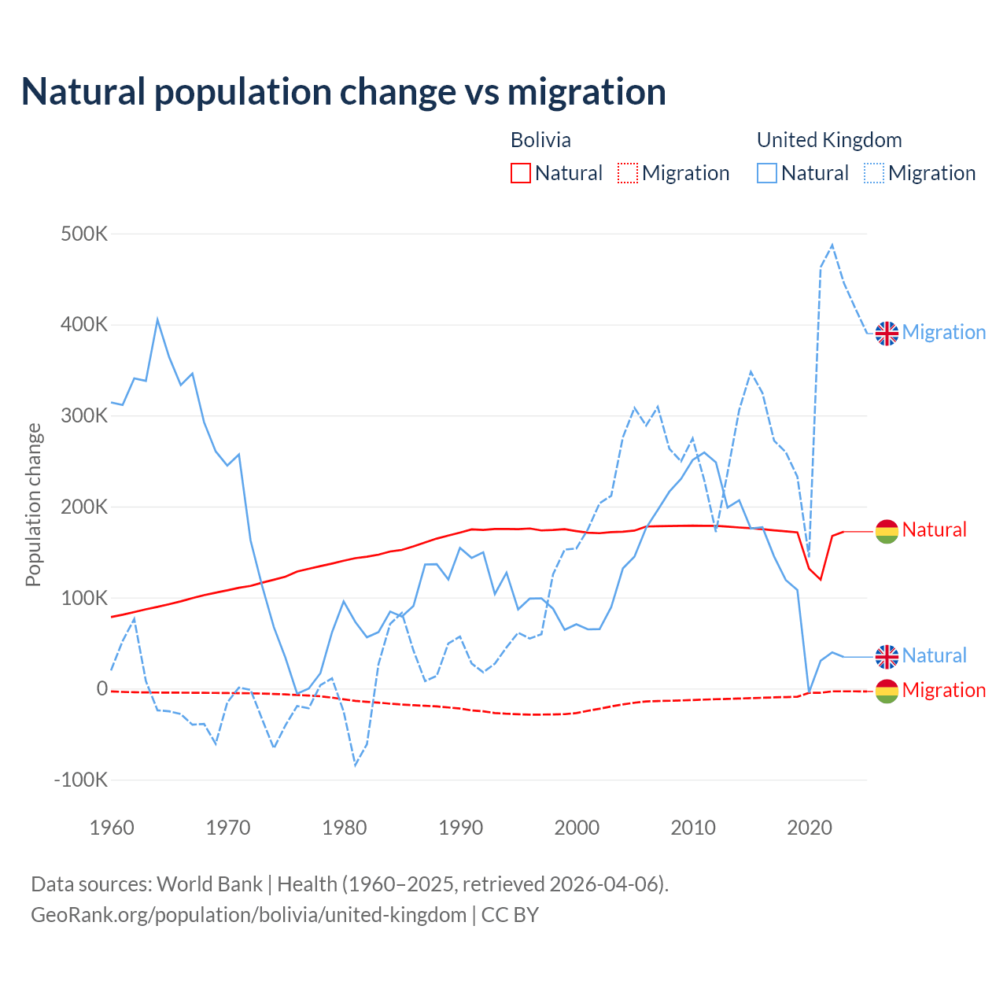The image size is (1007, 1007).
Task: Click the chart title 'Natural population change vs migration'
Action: tap(344, 92)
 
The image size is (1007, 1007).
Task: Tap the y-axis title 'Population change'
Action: tap(33, 505)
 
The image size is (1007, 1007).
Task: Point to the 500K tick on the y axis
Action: tap(84, 234)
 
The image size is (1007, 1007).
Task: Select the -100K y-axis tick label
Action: tap(80, 780)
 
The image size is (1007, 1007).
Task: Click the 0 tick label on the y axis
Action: tap(101, 689)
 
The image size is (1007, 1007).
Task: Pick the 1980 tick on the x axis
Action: tap(345, 828)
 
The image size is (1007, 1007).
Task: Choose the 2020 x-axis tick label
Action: tap(810, 828)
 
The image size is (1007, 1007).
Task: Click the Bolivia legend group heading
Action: tap(540, 140)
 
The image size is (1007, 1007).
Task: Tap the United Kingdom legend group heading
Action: tap(829, 140)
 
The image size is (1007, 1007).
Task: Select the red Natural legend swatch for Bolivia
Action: tap(521, 173)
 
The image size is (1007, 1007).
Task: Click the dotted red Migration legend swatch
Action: tap(628, 173)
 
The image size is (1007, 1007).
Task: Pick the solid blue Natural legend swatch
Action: tap(767, 173)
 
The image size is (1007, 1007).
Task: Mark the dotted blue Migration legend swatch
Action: tap(874, 173)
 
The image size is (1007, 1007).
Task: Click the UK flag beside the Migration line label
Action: tap(887, 333)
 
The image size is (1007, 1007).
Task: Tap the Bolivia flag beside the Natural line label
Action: tap(887, 531)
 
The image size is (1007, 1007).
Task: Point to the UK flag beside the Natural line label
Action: tap(887, 656)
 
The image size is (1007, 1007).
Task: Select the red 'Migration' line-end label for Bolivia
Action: tap(943, 690)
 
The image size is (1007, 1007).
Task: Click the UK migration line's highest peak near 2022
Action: tap(832, 245)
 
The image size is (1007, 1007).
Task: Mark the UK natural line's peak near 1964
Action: tap(157, 319)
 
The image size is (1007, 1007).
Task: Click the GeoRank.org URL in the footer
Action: tap(249, 915)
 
